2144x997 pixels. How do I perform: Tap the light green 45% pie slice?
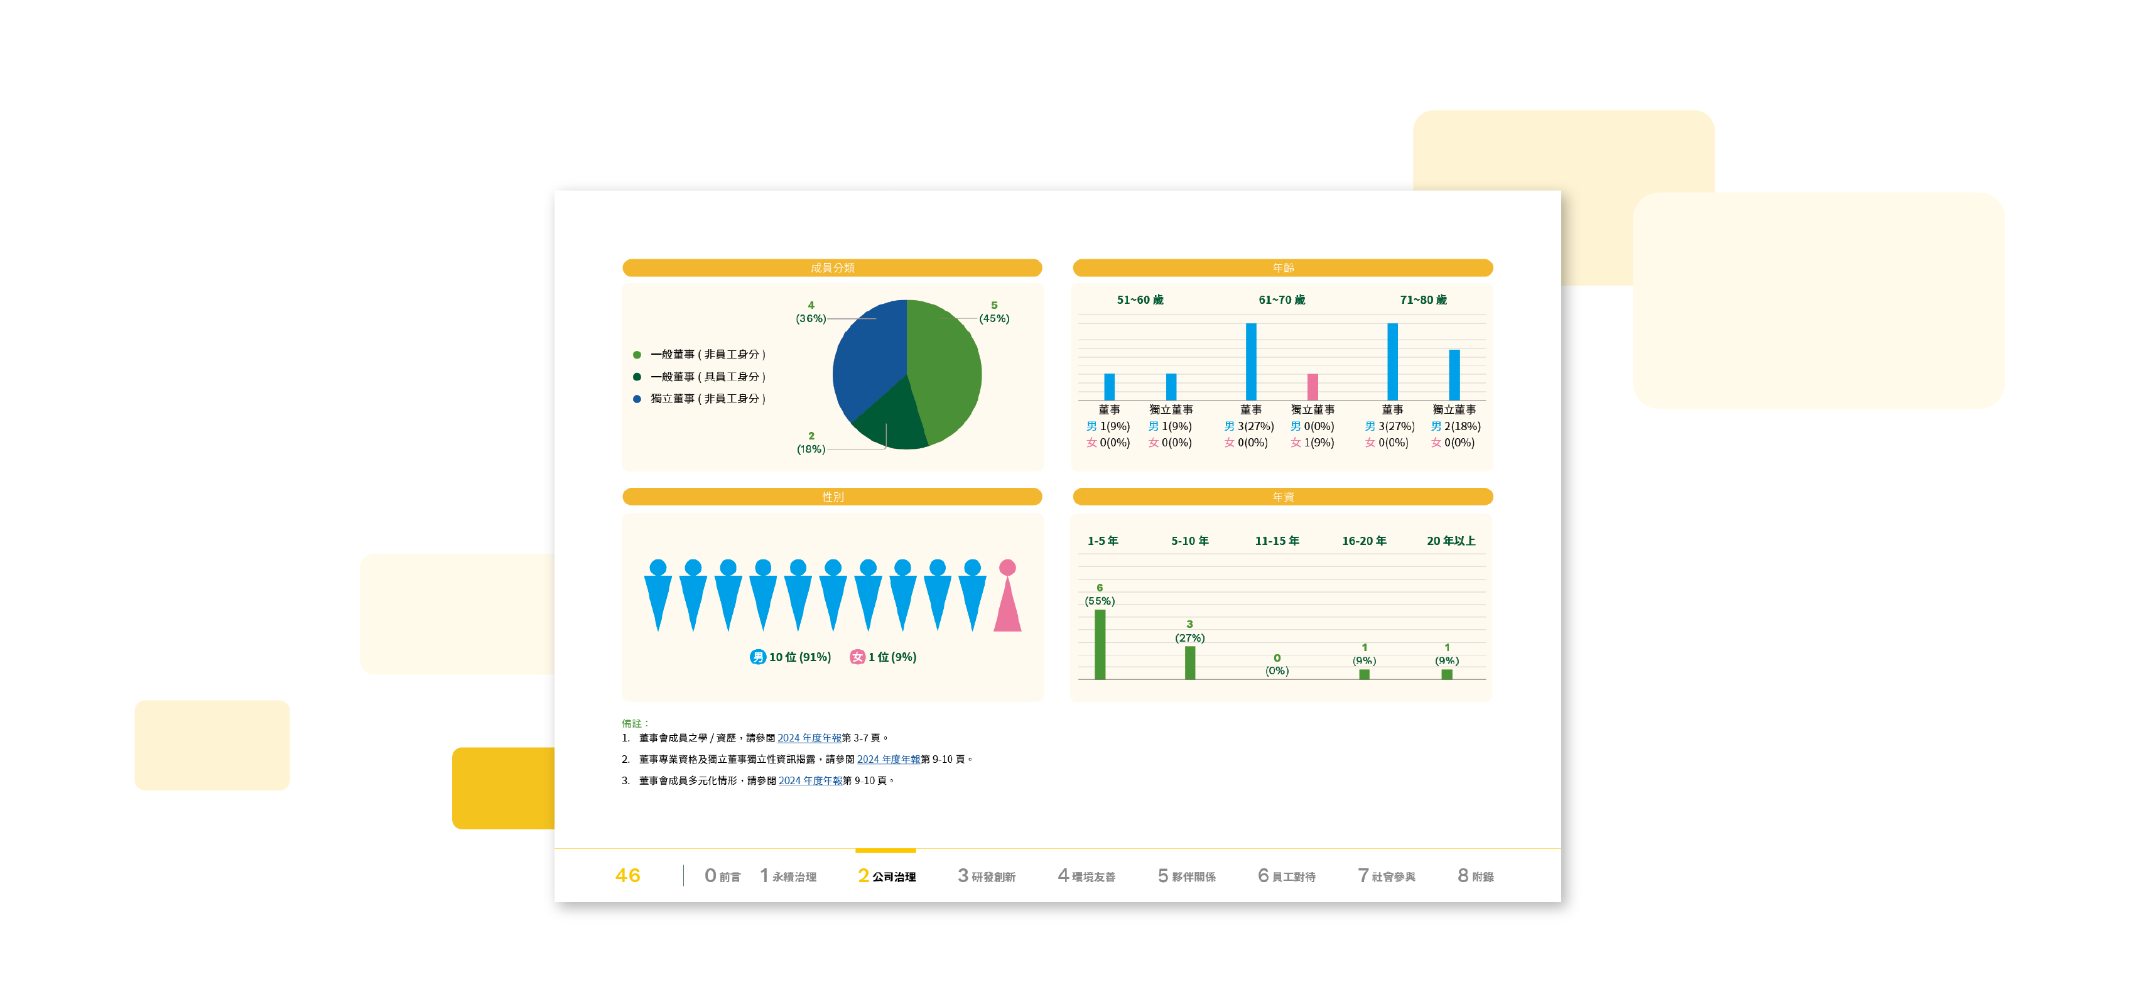(945, 366)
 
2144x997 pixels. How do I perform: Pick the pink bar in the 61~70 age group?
(1313, 387)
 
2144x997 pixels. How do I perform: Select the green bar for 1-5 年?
(1100, 644)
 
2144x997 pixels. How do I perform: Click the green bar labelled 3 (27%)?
(1190, 662)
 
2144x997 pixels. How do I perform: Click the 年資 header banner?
(1282, 497)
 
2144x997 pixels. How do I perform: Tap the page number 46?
(627, 875)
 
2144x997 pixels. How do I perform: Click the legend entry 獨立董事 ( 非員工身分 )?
(708, 399)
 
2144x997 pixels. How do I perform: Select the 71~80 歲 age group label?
(1423, 299)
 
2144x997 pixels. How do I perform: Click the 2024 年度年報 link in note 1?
(809, 738)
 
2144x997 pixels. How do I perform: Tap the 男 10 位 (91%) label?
(791, 657)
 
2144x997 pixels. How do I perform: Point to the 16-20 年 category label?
(1364, 541)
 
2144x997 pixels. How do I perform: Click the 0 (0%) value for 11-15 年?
(1277, 664)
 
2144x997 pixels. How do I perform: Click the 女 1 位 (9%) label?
(883, 657)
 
